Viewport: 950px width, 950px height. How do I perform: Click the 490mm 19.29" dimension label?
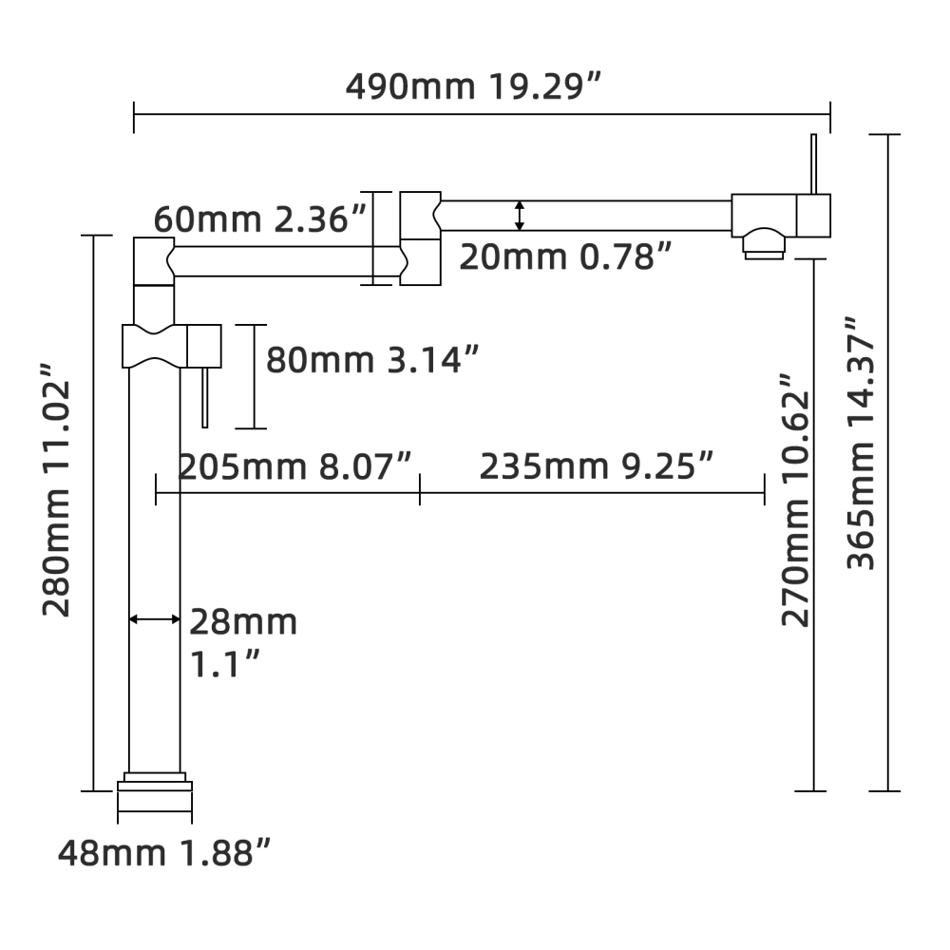click(474, 86)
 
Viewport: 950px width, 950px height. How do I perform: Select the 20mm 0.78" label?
click(566, 256)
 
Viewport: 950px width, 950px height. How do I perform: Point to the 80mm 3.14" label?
click(371, 360)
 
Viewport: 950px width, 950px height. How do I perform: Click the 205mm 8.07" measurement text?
click(295, 467)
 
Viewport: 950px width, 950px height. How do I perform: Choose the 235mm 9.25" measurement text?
click(596, 467)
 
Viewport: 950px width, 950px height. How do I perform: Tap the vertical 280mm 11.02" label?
click(57, 488)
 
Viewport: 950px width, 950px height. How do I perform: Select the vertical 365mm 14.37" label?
click(862, 443)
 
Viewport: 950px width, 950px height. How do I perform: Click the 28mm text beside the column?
click(243, 622)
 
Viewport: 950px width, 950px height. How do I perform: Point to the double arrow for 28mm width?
click(154, 619)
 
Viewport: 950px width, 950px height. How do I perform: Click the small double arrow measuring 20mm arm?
click(519, 216)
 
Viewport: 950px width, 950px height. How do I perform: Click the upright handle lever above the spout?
click(814, 162)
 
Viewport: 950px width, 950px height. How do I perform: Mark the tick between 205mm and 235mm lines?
click(420, 493)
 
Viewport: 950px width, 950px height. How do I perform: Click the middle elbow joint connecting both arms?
click(420, 238)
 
